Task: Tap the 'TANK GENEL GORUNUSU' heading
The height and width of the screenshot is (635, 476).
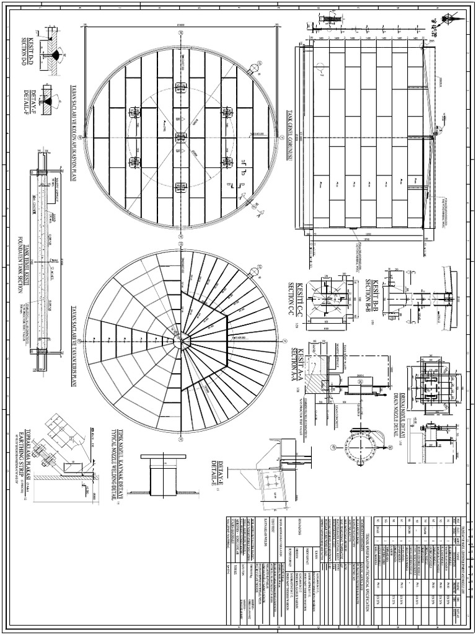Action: (289, 137)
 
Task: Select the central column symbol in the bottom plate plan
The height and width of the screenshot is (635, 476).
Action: (180, 138)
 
